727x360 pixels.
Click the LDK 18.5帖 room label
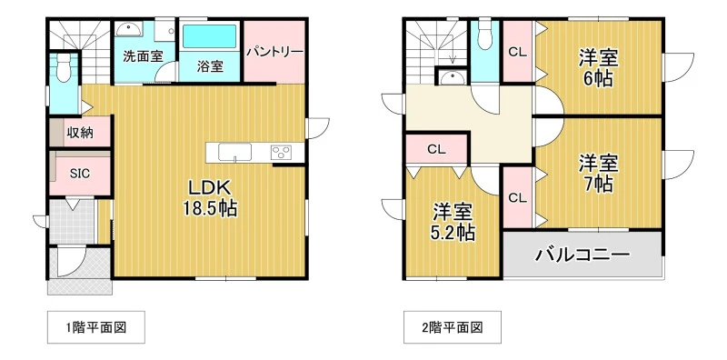coord(209,198)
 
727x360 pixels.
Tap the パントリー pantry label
coord(274,51)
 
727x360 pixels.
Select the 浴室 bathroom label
coord(210,66)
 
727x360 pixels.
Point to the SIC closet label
coord(80,174)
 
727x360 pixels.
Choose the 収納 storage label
coord(80,133)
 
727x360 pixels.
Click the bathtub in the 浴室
coord(210,36)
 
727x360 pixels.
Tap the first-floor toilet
coord(64,67)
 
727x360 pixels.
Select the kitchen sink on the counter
coord(234,152)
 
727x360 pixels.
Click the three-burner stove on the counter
coord(281,152)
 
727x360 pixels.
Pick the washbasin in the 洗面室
coord(130,30)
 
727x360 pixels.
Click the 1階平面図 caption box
coord(96,327)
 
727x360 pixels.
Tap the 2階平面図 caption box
coord(452,327)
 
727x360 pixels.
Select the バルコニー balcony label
coord(583,255)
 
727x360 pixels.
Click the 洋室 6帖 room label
coord(598,69)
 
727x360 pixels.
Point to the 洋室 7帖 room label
coord(598,174)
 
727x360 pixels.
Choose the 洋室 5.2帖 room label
coord(453,222)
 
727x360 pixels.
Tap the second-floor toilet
coord(484,35)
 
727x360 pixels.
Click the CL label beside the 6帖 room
coord(517,53)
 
